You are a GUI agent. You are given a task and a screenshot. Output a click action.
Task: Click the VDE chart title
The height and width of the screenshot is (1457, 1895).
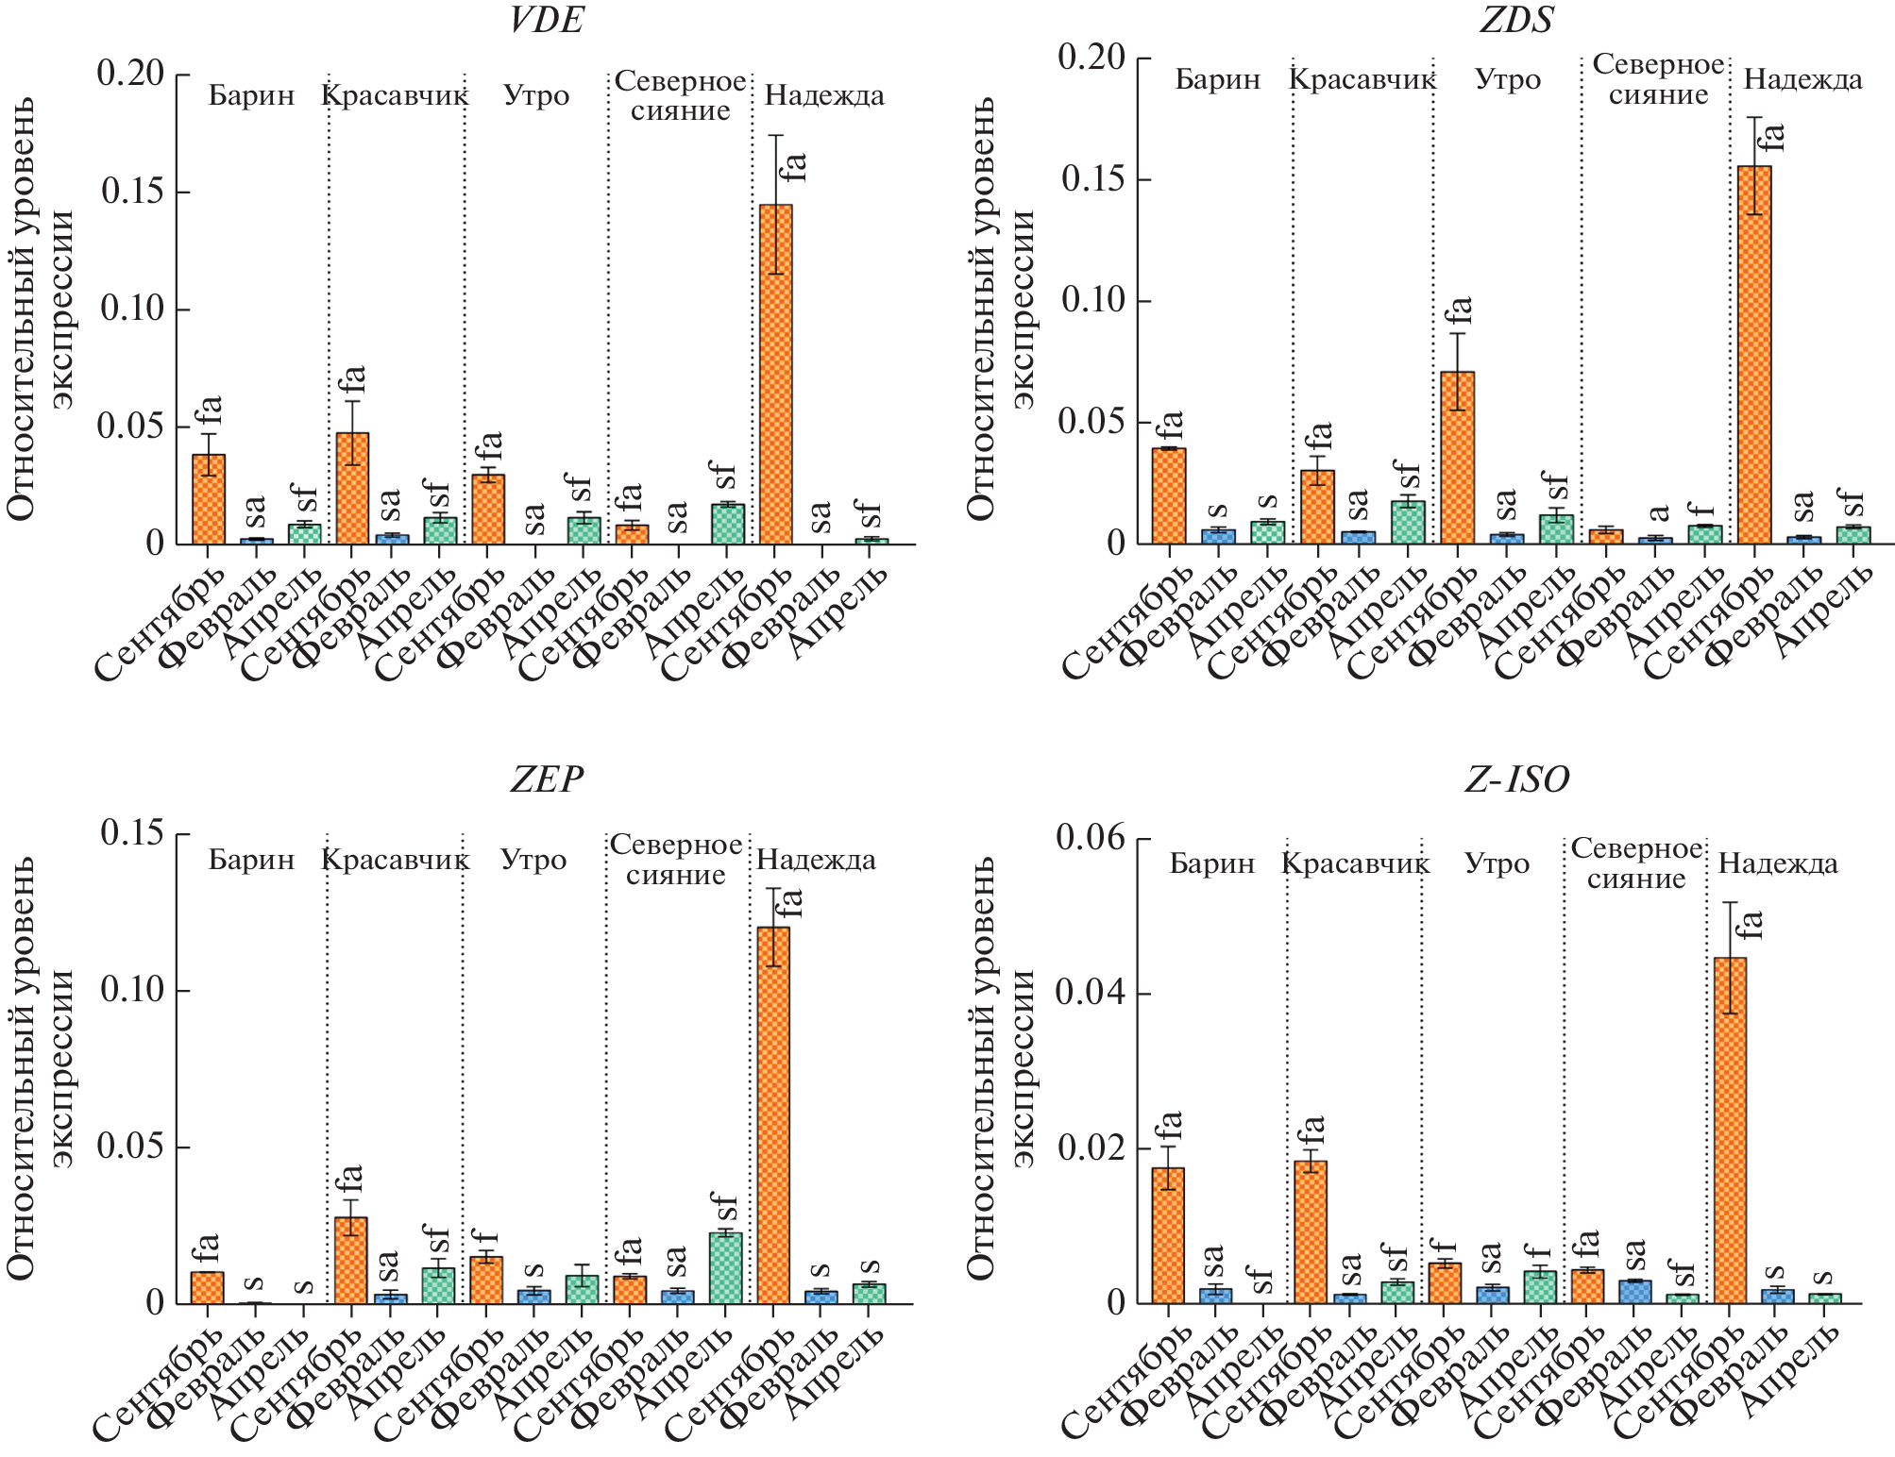pos(546,20)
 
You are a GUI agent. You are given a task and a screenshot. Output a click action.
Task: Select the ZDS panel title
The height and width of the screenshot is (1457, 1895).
pos(1515,20)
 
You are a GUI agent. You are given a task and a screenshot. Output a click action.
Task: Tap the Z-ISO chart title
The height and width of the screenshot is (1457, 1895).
pos(1516,779)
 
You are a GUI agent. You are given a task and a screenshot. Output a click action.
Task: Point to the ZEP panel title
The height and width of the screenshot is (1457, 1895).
pos(546,779)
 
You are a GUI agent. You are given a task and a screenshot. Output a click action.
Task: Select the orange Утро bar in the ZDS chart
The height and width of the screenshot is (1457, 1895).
pos(1458,458)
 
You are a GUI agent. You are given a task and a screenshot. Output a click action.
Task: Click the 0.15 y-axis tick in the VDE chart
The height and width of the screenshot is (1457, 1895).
pos(132,192)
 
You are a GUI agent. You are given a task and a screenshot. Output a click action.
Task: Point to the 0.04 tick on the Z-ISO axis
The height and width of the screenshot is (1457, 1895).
pos(1091,994)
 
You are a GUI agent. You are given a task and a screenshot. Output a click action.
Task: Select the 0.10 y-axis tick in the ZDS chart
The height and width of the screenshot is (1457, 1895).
pos(1092,301)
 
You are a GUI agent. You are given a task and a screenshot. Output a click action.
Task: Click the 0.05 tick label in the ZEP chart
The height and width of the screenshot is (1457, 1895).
pos(132,1147)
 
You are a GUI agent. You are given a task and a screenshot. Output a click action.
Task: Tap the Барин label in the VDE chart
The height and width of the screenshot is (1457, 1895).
pos(251,96)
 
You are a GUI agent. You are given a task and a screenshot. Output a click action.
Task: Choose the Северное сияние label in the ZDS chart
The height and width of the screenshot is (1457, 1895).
pos(1658,80)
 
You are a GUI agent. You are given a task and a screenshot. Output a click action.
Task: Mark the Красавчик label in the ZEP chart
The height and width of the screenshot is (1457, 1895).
pos(395,861)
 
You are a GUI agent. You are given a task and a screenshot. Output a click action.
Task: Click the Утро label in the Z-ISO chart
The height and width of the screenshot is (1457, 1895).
pos(1497,864)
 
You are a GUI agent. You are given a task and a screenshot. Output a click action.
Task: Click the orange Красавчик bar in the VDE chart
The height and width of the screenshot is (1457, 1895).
pos(352,488)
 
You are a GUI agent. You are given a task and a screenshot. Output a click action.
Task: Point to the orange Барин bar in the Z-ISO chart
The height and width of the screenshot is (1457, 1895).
pos(1168,1235)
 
